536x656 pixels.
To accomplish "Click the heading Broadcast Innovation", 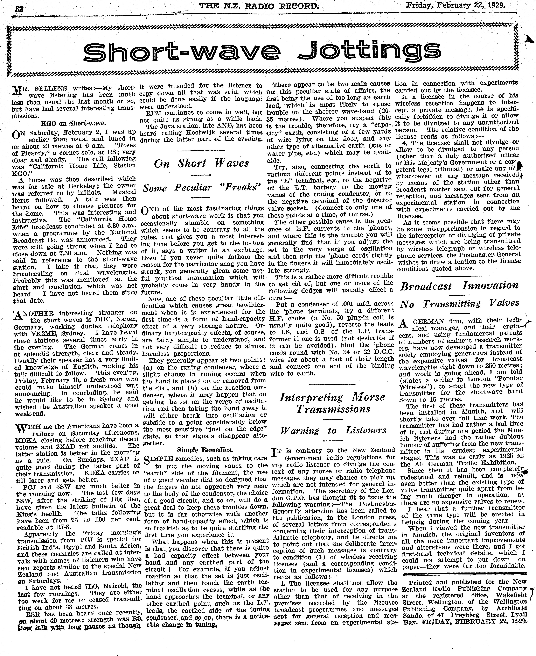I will coord(459,285).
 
